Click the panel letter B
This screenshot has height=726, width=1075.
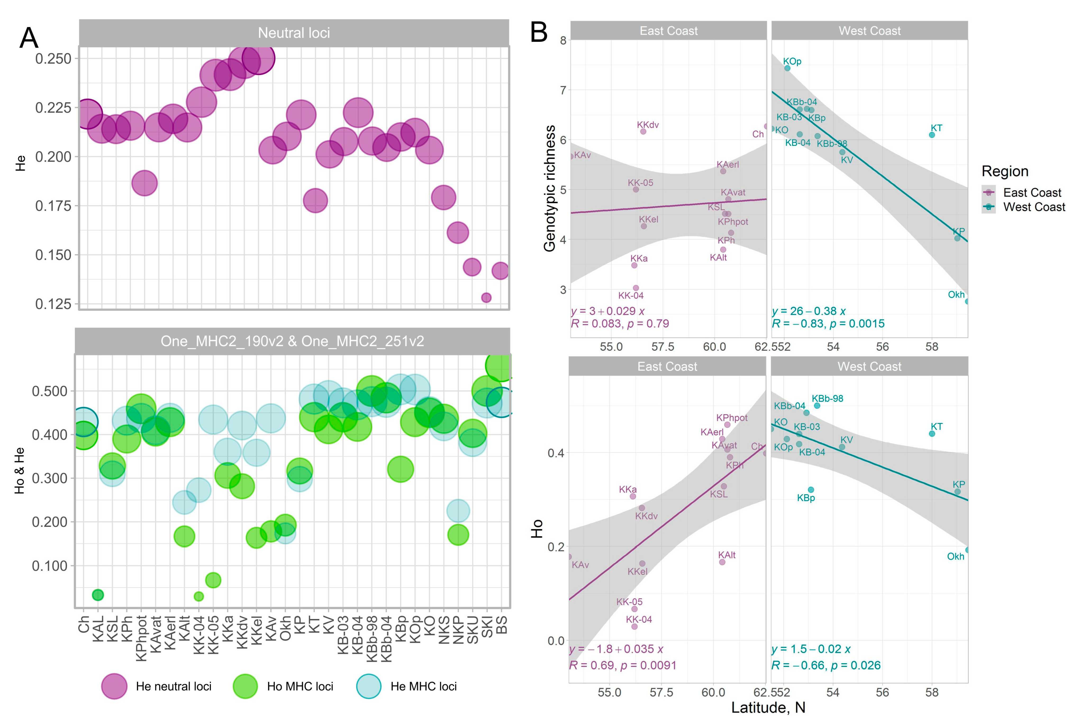tap(539, 32)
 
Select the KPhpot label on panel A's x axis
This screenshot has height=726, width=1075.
tap(141, 639)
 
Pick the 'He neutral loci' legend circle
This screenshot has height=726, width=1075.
tap(114, 686)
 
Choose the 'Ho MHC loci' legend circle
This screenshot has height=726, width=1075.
tap(245, 686)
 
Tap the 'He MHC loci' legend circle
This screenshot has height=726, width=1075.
tap(369, 686)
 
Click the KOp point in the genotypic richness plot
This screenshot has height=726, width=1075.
tap(787, 68)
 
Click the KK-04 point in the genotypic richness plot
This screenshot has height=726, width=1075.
tap(636, 288)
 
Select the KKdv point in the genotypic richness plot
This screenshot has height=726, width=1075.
tap(643, 131)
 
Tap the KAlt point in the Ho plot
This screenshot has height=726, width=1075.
tap(722, 562)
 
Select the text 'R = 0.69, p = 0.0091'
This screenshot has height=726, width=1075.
tap(623, 665)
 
